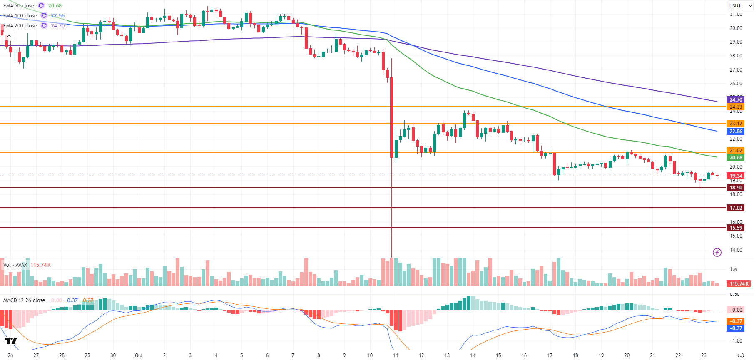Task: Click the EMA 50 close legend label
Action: click(x=19, y=6)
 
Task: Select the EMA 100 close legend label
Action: click(x=20, y=16)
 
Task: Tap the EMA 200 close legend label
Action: click(x=20, y=26)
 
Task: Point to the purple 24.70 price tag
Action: click(x=736, y=100)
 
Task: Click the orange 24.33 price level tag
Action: click(x=736, y=107)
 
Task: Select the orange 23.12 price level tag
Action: click(x=736, y=124)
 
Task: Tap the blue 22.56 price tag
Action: click(x=736, y=132)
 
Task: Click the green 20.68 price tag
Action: click(x=736, y=158)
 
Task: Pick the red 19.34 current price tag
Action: click(x=736, y=176)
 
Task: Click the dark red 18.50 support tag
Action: click(x=736, y=188)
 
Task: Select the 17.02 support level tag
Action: click(x=736, y=208)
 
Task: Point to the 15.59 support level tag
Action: click(x=736, y=228)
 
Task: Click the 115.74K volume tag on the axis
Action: click(x=739, y=284)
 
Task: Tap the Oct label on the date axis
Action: click(x=139, y=355)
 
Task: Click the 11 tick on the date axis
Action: click(x=396, y=355)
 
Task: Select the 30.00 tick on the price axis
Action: click(x=736, y=28)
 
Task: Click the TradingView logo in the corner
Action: click(x=11, y=341)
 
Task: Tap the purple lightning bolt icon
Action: click(x=717, y=252)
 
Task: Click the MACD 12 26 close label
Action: click(x=24, y=300)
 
